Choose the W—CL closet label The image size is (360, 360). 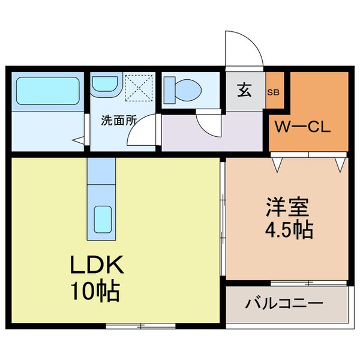(302, 127)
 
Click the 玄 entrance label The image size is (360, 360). (245, 92)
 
